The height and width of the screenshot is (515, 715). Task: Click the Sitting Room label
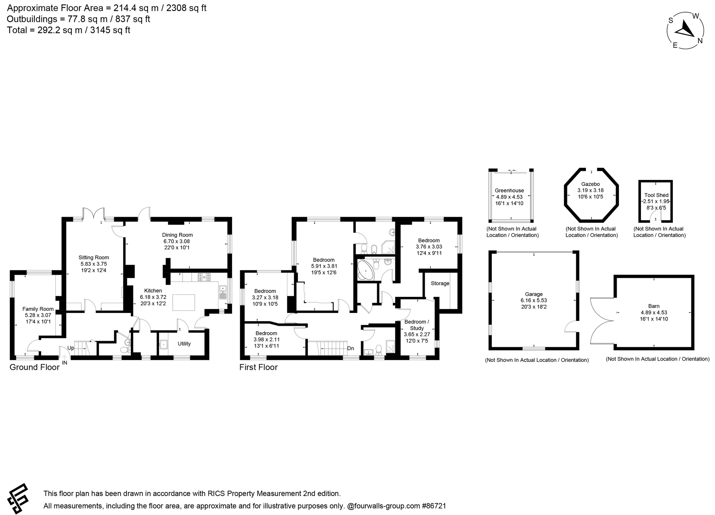(94, 257)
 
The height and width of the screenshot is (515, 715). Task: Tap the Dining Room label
(177, 235)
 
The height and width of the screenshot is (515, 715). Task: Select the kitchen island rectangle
(184, 303)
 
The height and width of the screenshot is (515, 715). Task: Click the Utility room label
(184, 344)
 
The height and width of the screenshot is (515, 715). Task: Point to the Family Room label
(38, 309)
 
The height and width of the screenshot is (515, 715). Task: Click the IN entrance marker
(65, 363)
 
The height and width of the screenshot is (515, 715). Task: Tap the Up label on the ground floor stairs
(71, 348)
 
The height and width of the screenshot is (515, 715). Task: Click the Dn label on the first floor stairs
(350, 348)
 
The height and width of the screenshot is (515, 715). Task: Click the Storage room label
(440, 283)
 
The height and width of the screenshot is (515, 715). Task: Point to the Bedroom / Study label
(417, 325)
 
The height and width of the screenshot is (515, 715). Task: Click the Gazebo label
(591, 184)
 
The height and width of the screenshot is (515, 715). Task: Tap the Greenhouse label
(509, 191)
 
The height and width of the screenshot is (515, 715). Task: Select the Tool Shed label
(656, 195)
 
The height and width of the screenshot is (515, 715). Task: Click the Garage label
(534, 294)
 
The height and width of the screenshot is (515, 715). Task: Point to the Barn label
(654, 306)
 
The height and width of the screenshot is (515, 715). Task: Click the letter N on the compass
(700, 41)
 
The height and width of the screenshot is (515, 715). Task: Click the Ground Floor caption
(34, 367)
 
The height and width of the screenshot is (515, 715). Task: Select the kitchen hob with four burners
(204, 276)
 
